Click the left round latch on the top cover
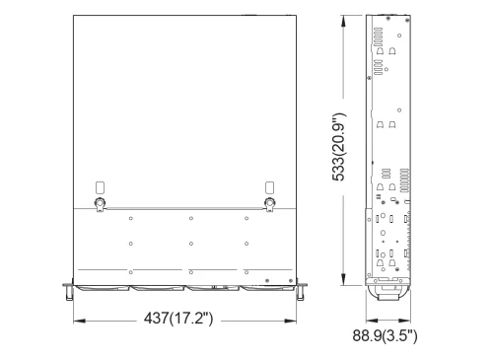pyautogui.click(x=99, y=204)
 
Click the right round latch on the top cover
pyautogui.click(x=269, y=204)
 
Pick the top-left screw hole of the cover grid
pyautogui.click(x=131, y=218)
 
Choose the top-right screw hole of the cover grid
pyautogui.click(x=246, y=218)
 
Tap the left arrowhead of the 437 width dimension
pyautogui.click(x=75, y=321)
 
